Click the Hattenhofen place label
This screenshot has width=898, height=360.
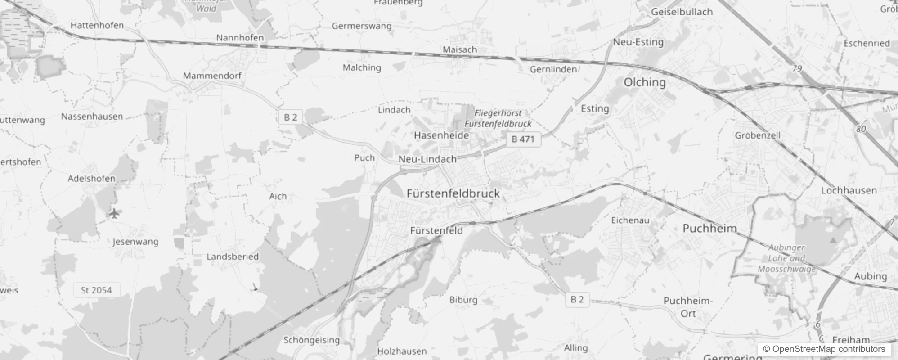pos(97,25)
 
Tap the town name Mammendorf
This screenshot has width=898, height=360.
pos(212,76)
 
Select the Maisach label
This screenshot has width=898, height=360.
pos(459,49)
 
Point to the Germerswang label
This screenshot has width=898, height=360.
pos(361,26)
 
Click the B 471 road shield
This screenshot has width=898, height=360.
pos(523,139)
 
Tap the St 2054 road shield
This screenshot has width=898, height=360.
pos(96,290)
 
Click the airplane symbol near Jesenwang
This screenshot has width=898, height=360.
pos(115,213)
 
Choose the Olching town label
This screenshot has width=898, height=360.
pos(644,82)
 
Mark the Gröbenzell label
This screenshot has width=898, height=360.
pos(758,135)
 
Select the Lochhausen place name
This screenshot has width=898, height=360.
pos(849,190)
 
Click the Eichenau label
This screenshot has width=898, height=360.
pos(630,220)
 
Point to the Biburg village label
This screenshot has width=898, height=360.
pos(463,300)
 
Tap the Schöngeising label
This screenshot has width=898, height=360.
pos(311,340)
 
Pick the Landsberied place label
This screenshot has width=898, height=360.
pos(232,256)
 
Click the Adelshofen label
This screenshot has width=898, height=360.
pos(91,179)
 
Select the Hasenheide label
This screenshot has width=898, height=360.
pos(441,135)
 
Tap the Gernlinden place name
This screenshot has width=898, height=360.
pos(553,69)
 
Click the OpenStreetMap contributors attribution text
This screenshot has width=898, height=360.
pos(823,349)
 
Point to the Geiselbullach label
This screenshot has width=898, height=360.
pos(682,12)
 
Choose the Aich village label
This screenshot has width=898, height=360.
pos(278,196)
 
